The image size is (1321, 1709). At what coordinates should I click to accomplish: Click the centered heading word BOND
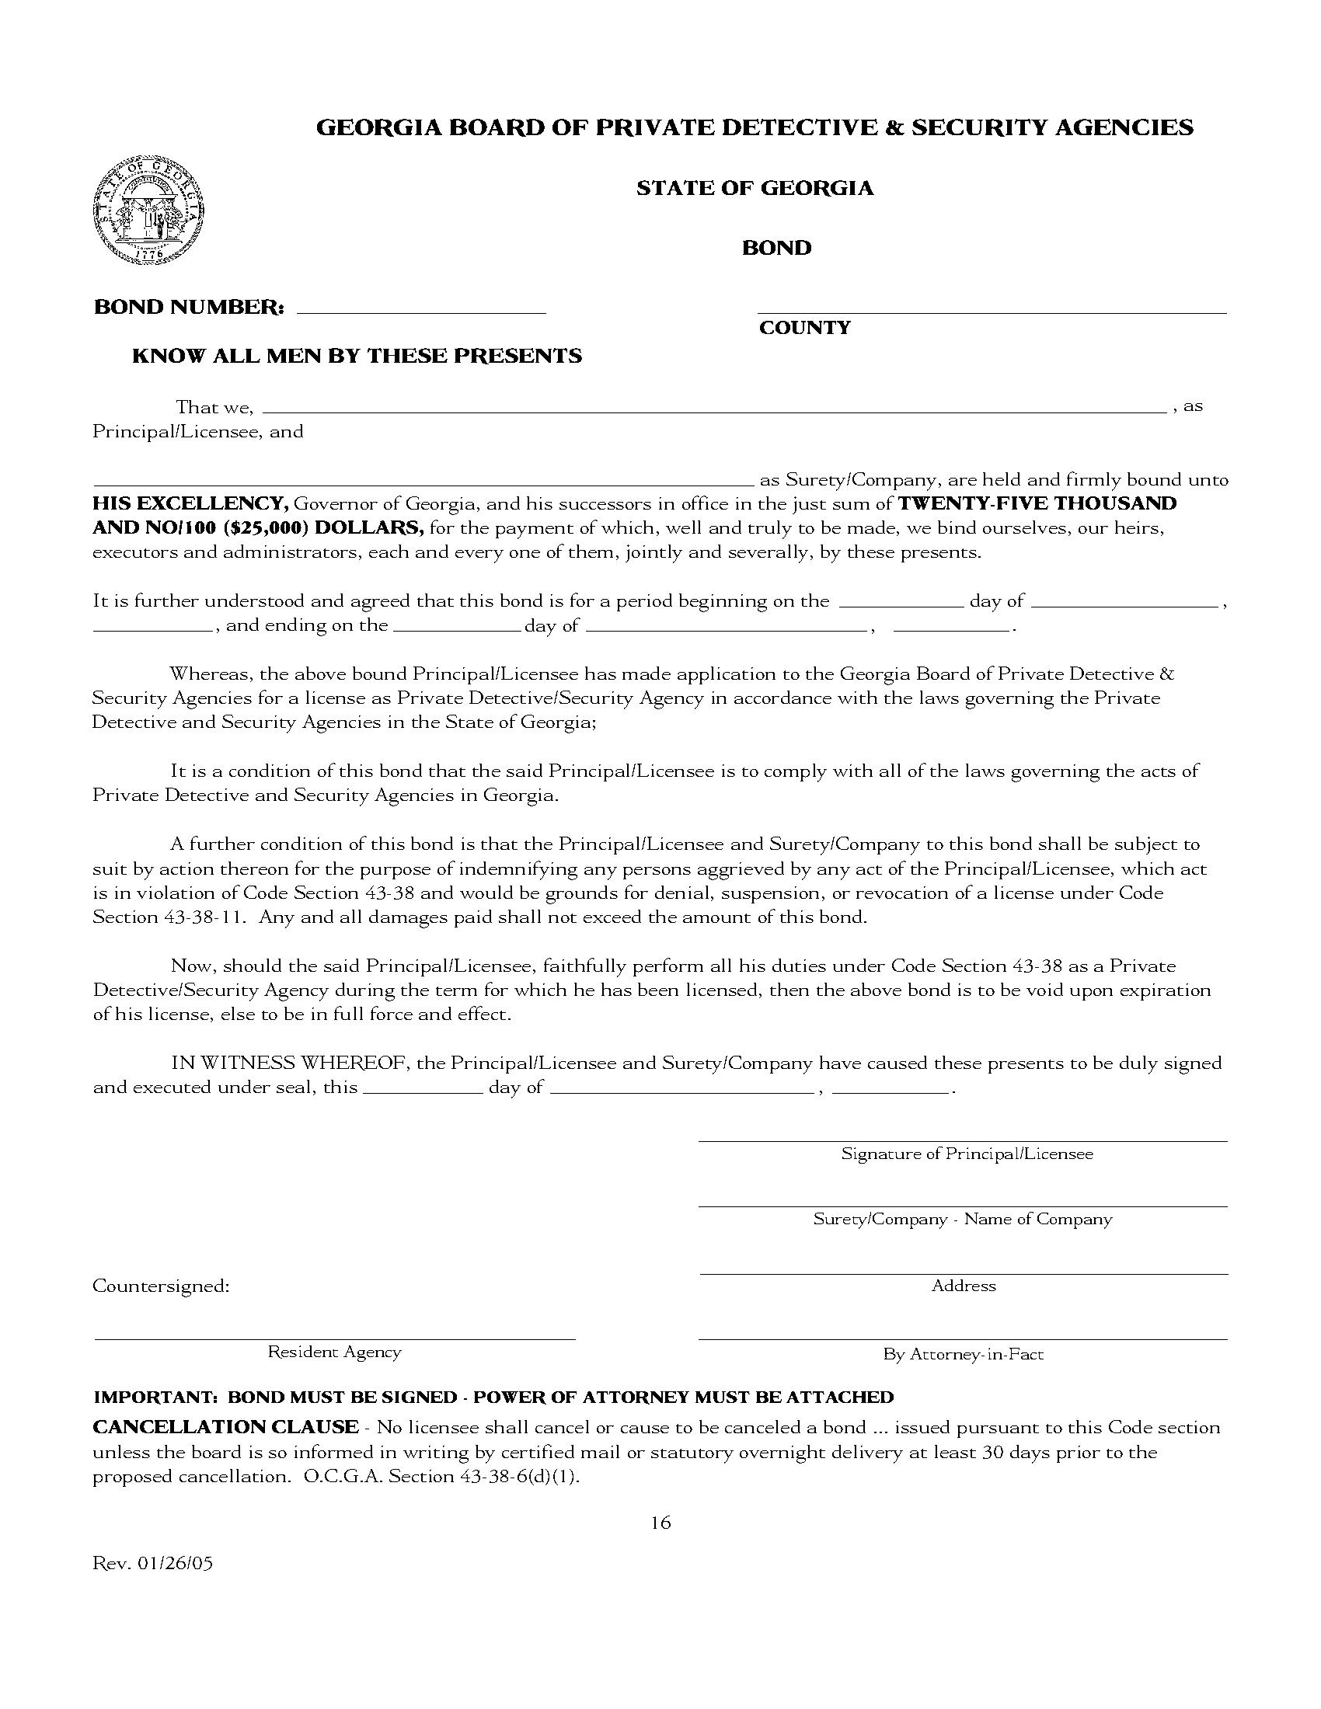[776, 248]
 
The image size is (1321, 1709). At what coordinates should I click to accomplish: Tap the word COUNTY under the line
[804, 328]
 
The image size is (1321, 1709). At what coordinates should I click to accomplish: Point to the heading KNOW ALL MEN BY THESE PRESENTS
[357, 356]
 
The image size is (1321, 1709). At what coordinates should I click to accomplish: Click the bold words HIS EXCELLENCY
[191, 503]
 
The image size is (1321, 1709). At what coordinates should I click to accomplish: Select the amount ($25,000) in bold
[265, 527]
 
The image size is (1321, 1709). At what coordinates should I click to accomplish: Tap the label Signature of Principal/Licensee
[967, 1154]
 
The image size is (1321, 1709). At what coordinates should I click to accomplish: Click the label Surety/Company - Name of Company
[962, 1219]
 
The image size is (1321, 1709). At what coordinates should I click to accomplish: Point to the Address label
[964, 1286]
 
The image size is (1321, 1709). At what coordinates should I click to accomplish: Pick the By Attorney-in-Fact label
[963, 1354]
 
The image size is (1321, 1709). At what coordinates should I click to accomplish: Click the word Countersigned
[160, 1286]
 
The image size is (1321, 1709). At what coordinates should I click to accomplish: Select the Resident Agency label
[334, 1352]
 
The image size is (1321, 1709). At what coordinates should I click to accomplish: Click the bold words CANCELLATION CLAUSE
[225, 1426]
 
